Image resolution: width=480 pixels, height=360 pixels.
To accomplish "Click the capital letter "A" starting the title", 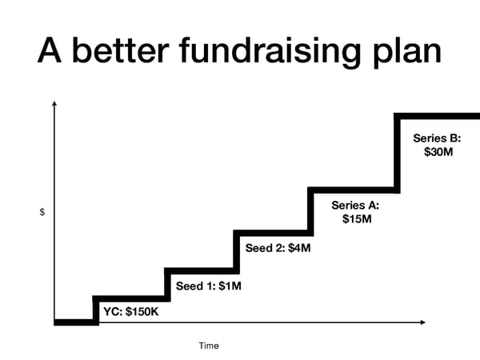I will point(51,51).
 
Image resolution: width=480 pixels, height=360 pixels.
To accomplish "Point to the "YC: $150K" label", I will point(131,311).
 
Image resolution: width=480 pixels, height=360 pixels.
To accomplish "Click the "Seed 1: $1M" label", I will point(208,286).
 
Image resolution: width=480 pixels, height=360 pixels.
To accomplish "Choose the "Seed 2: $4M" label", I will point(278,248).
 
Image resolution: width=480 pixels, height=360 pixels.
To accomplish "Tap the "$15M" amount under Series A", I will point(356,218).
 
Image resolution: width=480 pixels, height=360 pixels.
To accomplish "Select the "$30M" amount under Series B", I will point(437,152).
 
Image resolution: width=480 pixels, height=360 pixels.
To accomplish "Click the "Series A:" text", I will point(356,205).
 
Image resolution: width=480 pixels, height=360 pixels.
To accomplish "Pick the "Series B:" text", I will point(437,138).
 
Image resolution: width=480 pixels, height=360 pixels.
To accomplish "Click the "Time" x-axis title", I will point(209,346).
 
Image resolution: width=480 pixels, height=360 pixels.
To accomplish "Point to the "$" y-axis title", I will point(42,212).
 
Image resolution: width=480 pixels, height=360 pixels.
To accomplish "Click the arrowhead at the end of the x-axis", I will point(422,322).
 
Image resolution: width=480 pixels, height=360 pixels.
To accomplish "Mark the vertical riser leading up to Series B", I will point(397,152).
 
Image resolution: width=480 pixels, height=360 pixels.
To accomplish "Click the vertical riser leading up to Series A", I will point(310,211).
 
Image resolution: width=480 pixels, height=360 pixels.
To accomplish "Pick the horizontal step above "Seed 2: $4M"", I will point(272,233).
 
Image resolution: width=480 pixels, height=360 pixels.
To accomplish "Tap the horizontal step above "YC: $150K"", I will point(130,298).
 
